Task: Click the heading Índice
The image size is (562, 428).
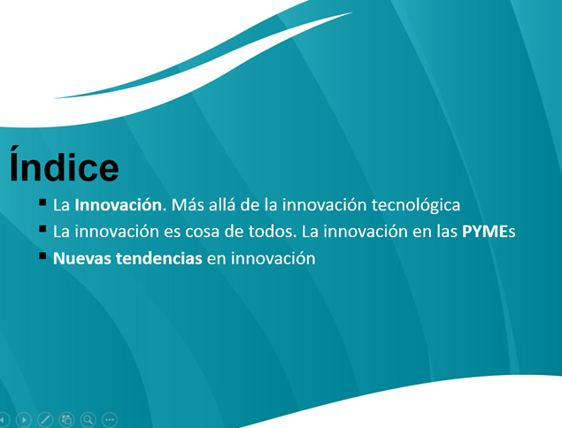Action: pos(64,164)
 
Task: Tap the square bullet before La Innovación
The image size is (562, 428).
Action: pos(42,203)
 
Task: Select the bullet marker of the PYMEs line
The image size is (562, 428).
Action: pos(42,229)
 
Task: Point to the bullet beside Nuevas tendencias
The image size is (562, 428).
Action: pos(42,256)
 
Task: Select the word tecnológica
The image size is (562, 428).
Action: pos(416,205)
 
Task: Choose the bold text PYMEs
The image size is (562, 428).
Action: pos(489,232)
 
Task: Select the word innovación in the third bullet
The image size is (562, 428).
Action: pos(273,258)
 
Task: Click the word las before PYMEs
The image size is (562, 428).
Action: pos(447,232)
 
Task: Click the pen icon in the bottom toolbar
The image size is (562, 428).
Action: pos(45,419)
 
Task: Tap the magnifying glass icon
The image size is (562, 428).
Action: pos(89,419)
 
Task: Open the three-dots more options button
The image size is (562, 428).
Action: pos(110,419)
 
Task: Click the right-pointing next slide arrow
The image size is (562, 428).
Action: pos(24,419)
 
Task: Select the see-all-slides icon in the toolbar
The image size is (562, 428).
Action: pos(66,419)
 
